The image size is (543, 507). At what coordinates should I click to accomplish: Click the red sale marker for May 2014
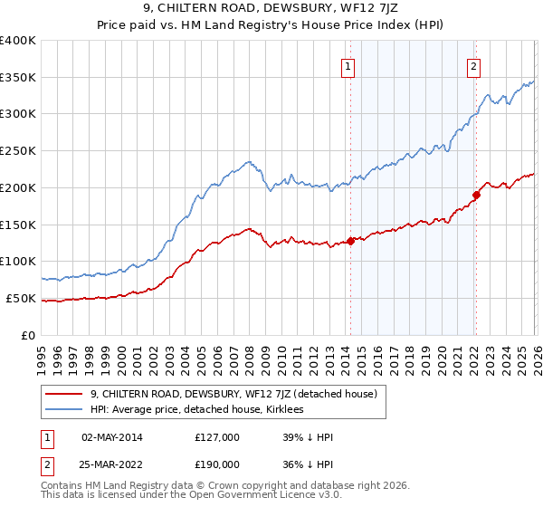(350, 241)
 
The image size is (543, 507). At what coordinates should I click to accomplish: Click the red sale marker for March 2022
(476, 194)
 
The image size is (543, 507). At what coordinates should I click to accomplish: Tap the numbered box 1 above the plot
(348, 64)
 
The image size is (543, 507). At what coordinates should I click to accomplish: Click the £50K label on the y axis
(21, 298)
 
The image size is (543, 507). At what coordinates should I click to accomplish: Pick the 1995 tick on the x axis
(42, 354)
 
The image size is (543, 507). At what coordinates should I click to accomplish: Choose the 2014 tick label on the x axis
(346, 354)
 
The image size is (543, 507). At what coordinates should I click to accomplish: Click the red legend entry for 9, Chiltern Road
(239, 394)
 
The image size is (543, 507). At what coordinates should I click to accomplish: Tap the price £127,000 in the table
(216, 437)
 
